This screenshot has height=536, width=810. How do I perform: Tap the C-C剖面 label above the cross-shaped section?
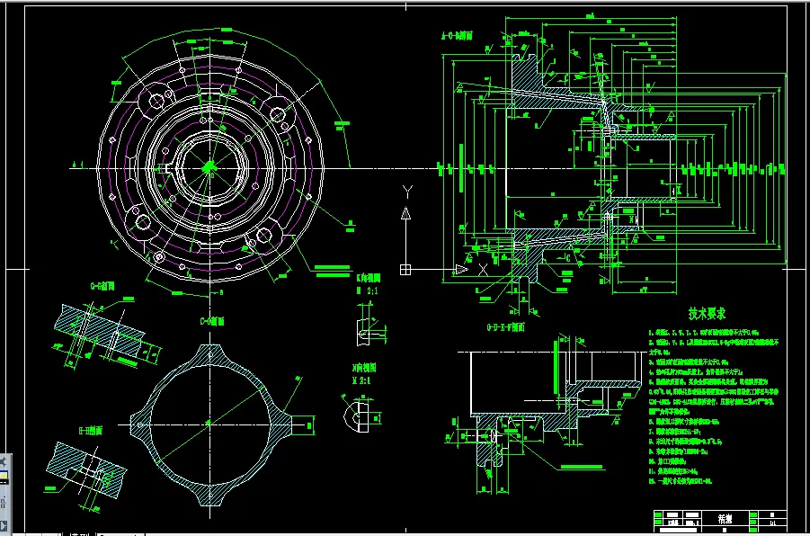pyautogui.click(x=210, y=320)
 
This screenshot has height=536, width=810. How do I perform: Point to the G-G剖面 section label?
pyautogui.click(x=102, y=286)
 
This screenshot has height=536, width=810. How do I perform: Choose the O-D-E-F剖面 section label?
pyautogui.click(x=507, y=328)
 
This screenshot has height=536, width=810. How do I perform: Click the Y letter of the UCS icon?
pyautogui.click(x=406, y=190)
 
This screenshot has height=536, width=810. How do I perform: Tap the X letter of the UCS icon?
pyautogui.click(x=483, y=269)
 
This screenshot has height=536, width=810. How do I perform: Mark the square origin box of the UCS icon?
pyautogui.click(x=406, y=269)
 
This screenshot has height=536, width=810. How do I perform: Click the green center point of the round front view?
pyautogui.click(x=209, y=166)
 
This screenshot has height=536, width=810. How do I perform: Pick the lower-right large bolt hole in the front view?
pyautogui.click(x=263, y=236)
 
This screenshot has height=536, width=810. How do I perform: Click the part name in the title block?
pyautogui.click(x=724, y=519)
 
